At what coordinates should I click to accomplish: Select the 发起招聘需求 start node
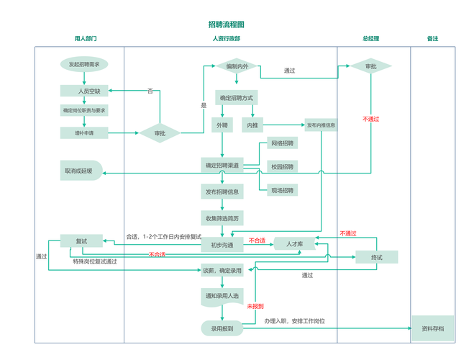click(x=84, y=64)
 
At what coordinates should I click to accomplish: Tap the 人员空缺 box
click(x=84, y=91)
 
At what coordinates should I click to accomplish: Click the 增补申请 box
click(x=84, y=132)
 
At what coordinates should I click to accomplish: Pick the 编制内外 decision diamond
click(x=237, y=66)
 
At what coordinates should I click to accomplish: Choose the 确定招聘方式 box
click(x=236, y=97)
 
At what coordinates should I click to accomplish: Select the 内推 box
click(x=253, y=125)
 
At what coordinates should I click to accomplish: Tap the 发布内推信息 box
click(x=321, y=125)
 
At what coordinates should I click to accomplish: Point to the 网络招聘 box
click(x=282, y=143)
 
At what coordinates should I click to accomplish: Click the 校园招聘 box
click(x=282, y=166)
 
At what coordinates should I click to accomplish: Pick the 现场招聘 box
click(x=282, y=190)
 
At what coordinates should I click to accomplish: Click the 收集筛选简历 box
click(x=222, y=217)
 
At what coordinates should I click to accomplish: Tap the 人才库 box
click(x=295, y=244)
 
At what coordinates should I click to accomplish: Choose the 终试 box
click(x=376, y=257)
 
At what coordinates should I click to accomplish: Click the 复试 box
click(x=81, y=241)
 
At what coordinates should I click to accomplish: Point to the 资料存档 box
click(x=433, y=328)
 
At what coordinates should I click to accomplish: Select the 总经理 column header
click(x=370, y=38)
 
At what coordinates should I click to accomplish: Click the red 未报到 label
click(x=255, y=306)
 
